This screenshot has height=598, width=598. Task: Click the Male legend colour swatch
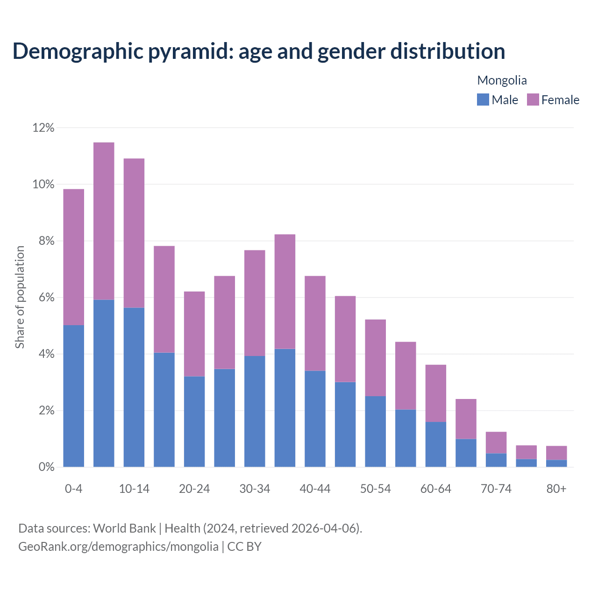coord(483,100)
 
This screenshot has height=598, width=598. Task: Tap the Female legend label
coord(560,100)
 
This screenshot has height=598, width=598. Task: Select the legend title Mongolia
coord(502,80)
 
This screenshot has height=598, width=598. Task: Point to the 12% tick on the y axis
coord(43,128)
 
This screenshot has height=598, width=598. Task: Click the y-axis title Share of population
coord(20,297)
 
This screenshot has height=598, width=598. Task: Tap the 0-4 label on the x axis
coord(73,489)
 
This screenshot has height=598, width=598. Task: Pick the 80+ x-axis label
coord(556,489)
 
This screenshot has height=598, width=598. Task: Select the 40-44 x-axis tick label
coord(315,489)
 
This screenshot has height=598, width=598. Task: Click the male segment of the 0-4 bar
coord(73,396)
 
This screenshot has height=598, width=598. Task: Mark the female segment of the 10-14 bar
coord(134,233)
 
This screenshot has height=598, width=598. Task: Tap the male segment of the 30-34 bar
coord(255,411)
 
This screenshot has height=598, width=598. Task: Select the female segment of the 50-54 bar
coord(375,357)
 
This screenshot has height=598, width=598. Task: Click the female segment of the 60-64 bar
coord(435,393)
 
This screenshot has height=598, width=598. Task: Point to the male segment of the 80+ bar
coord(556,463)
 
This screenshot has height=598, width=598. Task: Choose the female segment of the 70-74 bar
coord(496,442)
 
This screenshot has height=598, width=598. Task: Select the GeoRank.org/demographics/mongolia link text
coord(118,547)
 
